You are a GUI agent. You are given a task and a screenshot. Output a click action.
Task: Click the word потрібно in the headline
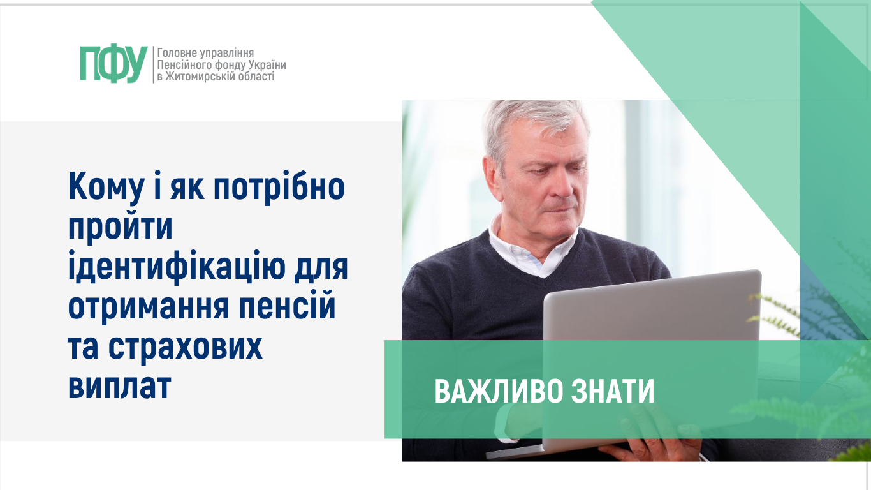click(279, 187)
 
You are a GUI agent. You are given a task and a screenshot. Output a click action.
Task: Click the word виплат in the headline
click(119, 386)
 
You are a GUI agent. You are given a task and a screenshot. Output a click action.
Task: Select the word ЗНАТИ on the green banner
click(613, 391)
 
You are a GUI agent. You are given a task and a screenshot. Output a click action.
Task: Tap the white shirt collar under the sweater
click(532, 249)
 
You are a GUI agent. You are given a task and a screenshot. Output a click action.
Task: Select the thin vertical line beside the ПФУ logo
click(153, 64)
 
